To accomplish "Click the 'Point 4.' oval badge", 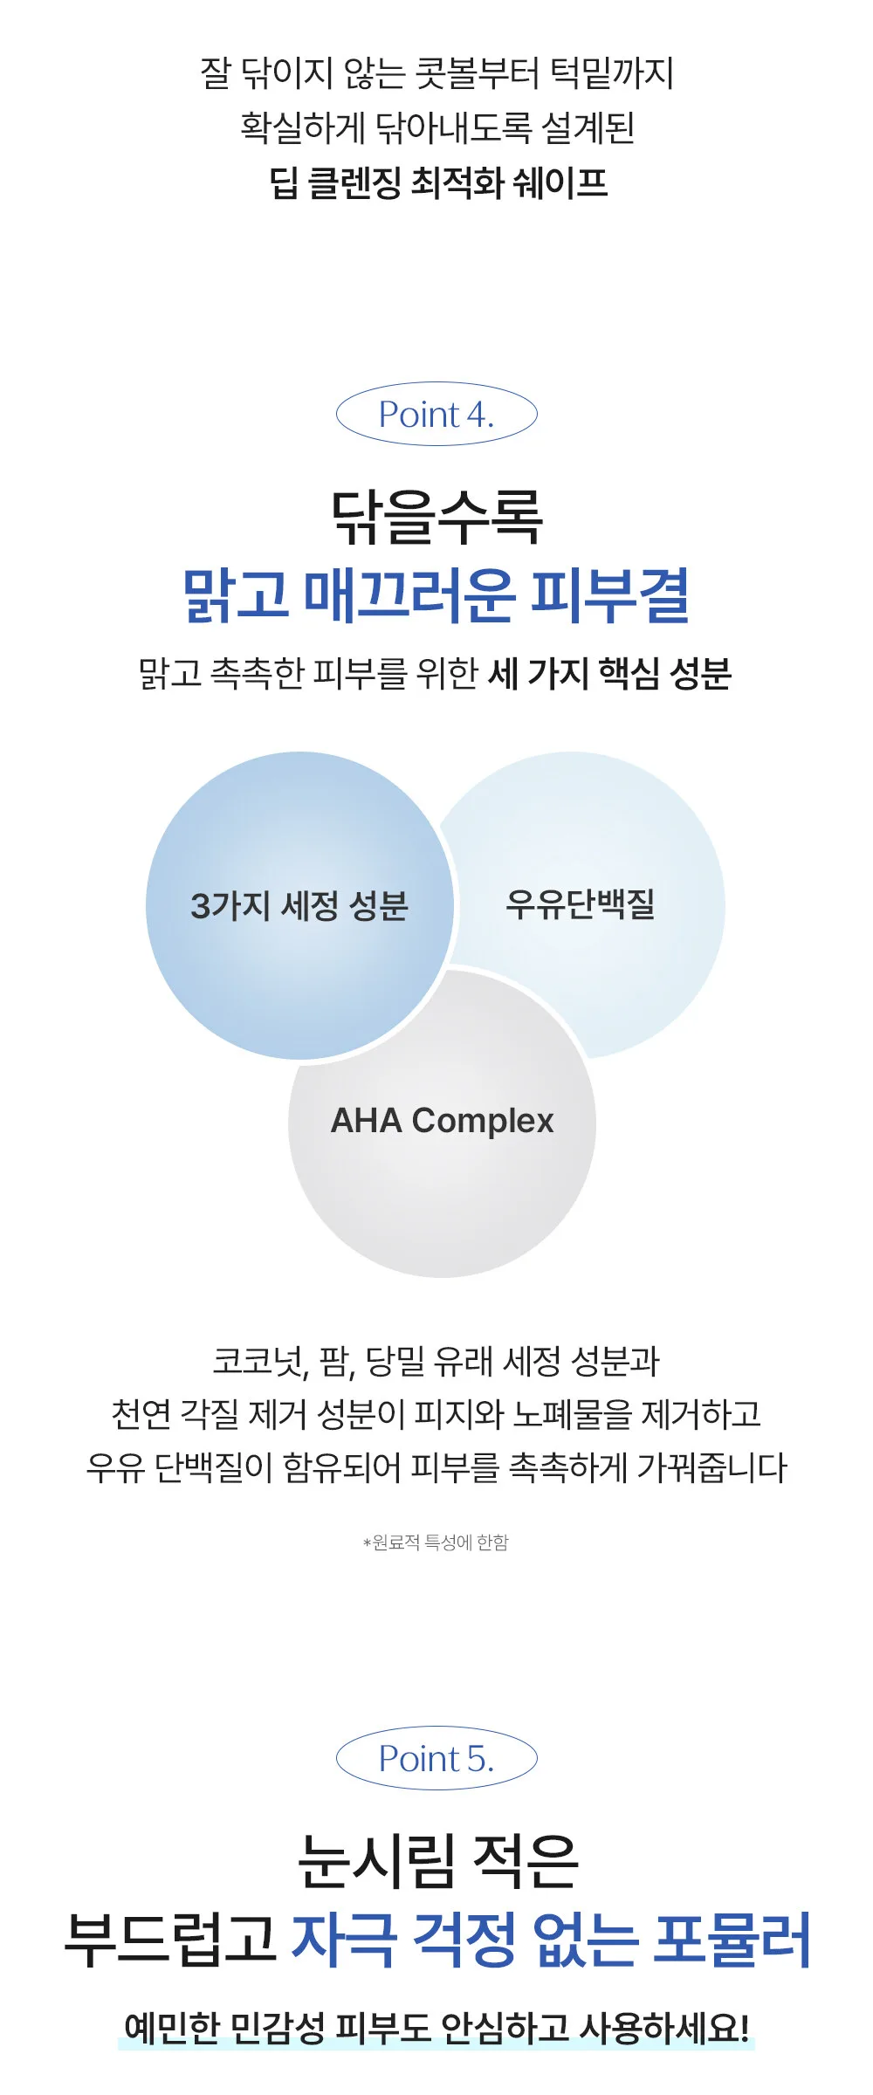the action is [436, 414].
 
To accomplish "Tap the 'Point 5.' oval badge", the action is [436, 1758].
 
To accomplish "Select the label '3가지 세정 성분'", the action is [299, 905].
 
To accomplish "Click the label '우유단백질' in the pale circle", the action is [581, 903].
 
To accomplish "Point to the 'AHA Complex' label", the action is [442, 1121].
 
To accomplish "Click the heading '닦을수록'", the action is [436, 517].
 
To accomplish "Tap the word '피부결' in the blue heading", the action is [610, 594].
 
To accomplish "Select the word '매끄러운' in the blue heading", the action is [409, 594].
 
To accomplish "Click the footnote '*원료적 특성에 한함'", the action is [436, 1542].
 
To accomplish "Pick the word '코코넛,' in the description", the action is [260, 1361].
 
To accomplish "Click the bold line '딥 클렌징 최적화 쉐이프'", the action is [437, 182].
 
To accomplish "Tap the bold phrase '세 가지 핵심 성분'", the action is [609, 673].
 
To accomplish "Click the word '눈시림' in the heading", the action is [376, 1862].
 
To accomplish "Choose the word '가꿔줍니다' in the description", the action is [711, 1467].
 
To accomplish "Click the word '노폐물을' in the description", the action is [572, 1414].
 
